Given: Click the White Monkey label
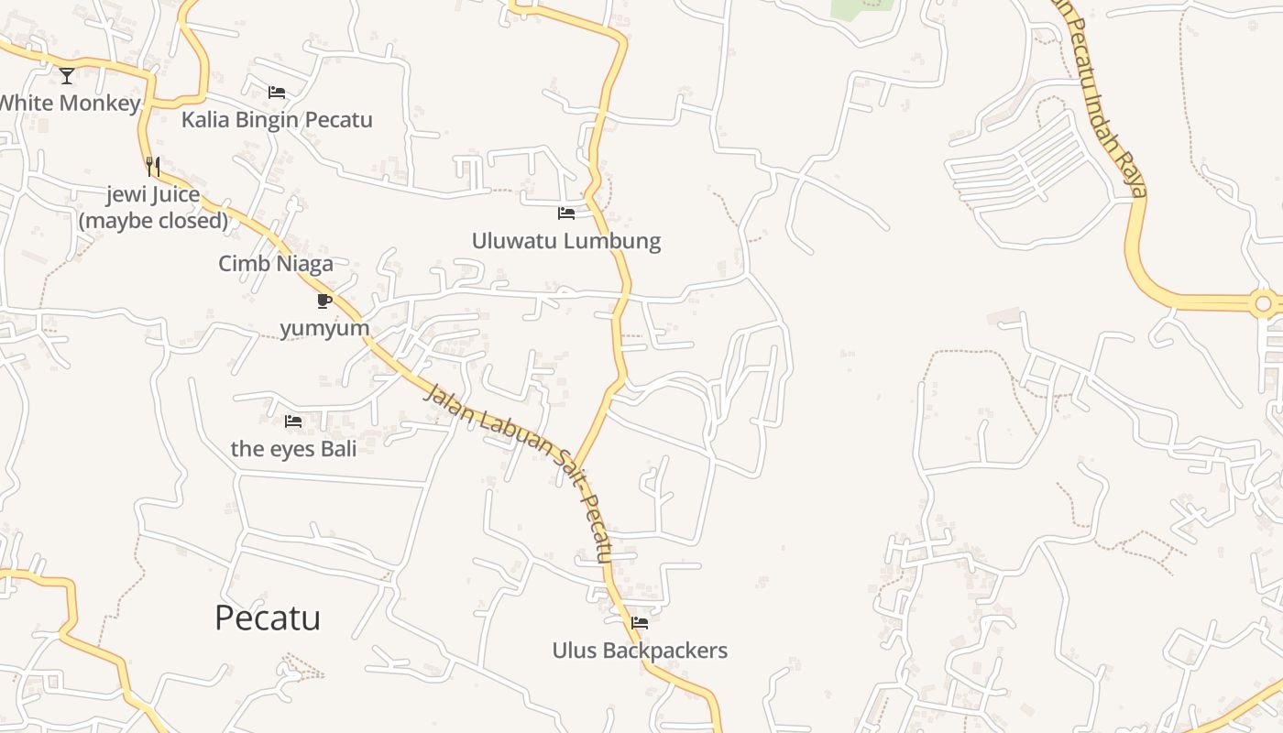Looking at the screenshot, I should (69, 103).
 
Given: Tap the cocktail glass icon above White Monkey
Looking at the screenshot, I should (67, 75).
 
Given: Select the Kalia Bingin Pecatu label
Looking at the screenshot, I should (277, 119).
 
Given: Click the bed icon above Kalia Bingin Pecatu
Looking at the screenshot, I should (277, 92).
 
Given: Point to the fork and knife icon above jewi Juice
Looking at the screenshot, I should (153, 167).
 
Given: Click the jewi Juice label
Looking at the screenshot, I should (153, 194).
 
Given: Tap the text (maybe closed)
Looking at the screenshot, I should (153, 220).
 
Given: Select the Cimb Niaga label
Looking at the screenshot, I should (276, 264).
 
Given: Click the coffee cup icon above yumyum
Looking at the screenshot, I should (324, 301).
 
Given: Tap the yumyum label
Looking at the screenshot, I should (324, 328).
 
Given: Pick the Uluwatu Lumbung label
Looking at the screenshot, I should (566, 241).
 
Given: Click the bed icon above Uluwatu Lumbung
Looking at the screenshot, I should (566, 213).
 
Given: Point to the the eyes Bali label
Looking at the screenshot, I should (293, 449).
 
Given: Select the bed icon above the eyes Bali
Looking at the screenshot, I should (293, 421).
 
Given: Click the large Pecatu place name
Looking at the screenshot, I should (268, 618).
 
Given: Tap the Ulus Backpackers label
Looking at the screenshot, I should (640, 651).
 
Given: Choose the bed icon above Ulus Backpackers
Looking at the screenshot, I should (640, 623).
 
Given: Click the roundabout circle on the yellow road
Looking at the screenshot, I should (1264, 302).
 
